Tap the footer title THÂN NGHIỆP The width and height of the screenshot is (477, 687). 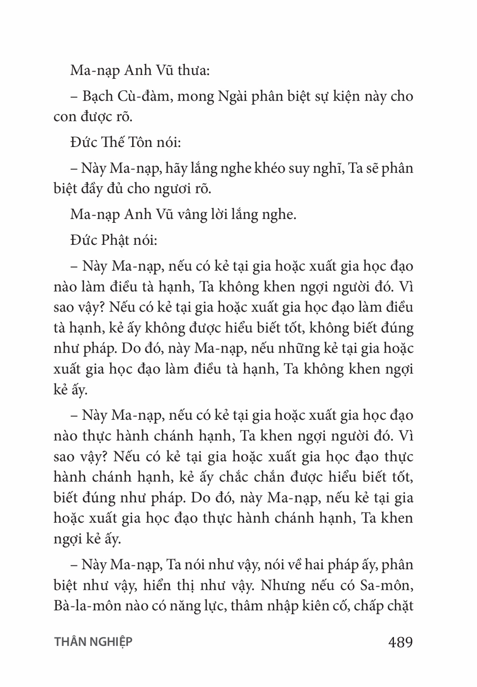[93, 642]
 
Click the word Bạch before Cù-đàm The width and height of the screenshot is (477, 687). [98, 96]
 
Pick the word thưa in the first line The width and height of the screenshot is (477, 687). [189, 72]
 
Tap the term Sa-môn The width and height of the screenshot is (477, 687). [384, 585]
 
